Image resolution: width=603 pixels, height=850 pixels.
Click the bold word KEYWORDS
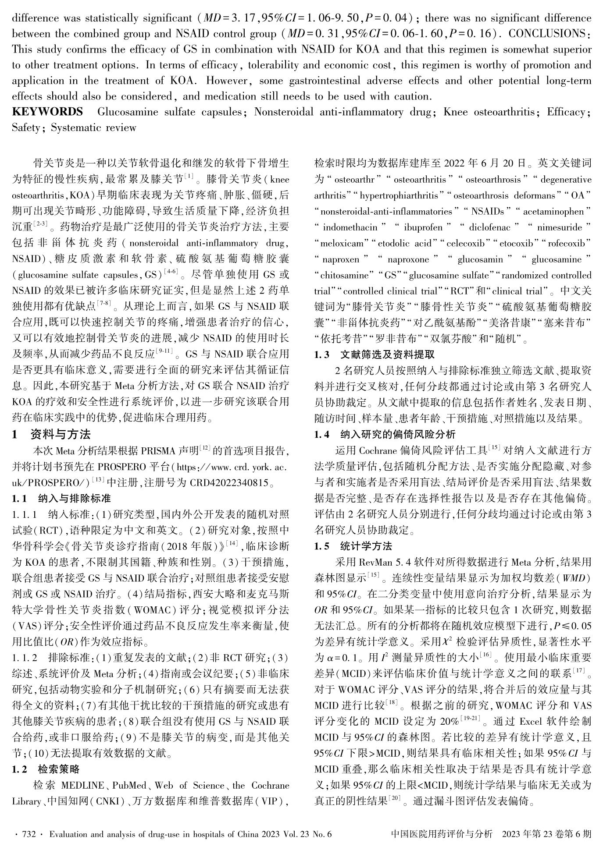click(47, 112)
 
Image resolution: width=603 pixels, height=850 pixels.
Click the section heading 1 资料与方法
click(51, 435)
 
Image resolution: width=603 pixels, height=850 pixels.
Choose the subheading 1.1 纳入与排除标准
click(61, 499)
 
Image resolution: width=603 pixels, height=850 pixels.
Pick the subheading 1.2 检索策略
click(46, 769)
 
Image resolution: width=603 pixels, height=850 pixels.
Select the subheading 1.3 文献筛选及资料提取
click(375, 354)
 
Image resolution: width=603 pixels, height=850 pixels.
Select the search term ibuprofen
click(423, 227)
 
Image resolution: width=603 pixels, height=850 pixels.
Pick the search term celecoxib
click(465, 243)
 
